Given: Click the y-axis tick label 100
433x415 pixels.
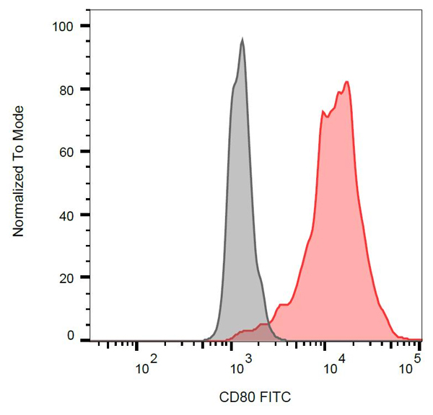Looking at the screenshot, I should point(64,27).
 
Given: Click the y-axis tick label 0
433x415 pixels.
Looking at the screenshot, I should point(71,335).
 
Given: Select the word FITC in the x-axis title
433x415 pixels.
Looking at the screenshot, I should point(274,397).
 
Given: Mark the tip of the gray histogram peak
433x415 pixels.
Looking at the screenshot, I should point(242,40).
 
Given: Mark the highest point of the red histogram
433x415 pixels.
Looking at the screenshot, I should point(348,81).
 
